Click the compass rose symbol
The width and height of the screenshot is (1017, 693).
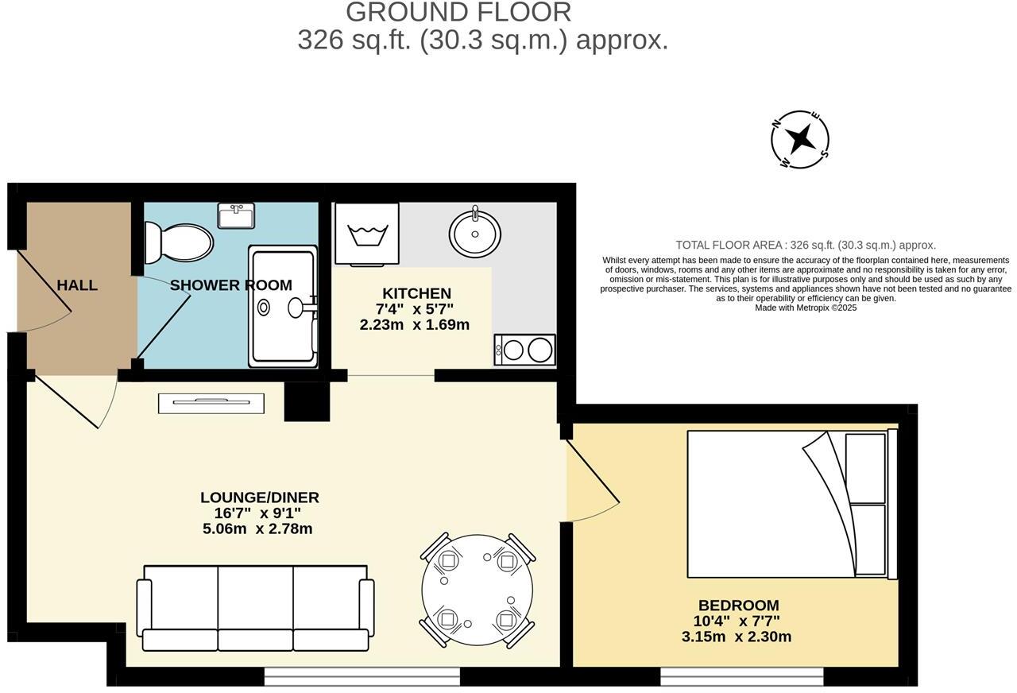click(x=800, y=139)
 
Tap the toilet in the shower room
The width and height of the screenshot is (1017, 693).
click(x=180, y=242)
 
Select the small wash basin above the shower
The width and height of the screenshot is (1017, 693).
click(x=236, y=215)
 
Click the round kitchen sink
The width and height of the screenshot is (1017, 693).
click(x=474, y=233)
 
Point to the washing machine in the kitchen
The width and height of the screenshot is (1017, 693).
click(x=366, y=233)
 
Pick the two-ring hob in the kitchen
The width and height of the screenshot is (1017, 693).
click(x=524, y=350)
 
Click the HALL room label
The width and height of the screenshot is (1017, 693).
click(x=77, y=285)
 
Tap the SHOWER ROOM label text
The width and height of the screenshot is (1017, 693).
click(x=230, y=285)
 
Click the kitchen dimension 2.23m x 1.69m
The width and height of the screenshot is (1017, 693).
click(x=414, y=324)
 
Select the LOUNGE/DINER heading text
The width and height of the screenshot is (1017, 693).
click(x=259, y=497)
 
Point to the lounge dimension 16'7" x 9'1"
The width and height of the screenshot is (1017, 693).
click(x=259, y=513)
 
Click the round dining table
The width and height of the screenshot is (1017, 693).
click(x=478, y=589)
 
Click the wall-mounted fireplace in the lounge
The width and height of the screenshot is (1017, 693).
click(x=211, y=403)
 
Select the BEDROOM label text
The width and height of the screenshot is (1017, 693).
click(x=738, y=605)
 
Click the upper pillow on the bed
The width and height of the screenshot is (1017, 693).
click(x=865, y=468)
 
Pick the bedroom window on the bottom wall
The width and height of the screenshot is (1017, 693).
click(x=741, y=676)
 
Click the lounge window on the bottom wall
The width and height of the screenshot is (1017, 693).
click(x=362, y=676)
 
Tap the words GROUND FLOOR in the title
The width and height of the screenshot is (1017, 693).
click(x=458, y=12)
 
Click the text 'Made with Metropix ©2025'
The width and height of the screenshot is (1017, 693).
click(x=805, y=308)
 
